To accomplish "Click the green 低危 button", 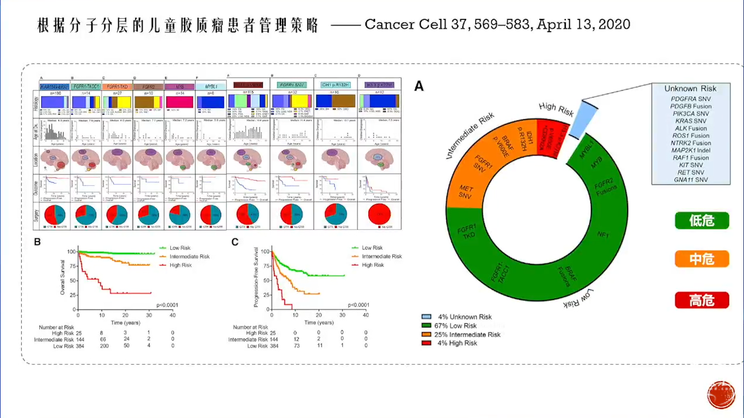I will [702, 221].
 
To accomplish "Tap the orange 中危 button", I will [702, 259].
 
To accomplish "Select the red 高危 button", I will [702, 300].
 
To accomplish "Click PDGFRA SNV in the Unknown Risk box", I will [691, 99].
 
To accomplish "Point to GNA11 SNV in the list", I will [691, 180].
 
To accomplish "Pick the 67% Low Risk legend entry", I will [455, 326].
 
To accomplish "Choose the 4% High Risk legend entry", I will [457, 343].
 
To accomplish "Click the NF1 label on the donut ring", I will [603, 235].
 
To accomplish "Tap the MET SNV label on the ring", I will [465, 192].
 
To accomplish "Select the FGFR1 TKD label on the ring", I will [467, 231].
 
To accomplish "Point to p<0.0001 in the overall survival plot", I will [167, 305].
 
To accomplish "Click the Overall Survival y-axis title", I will [62, 277].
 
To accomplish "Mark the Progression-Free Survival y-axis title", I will [256, 277].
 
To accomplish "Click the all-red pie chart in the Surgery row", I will [379, 214].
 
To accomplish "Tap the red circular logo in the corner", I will [721, 395].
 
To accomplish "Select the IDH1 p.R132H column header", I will [336, 85].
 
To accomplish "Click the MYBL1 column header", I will [211, 86].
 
